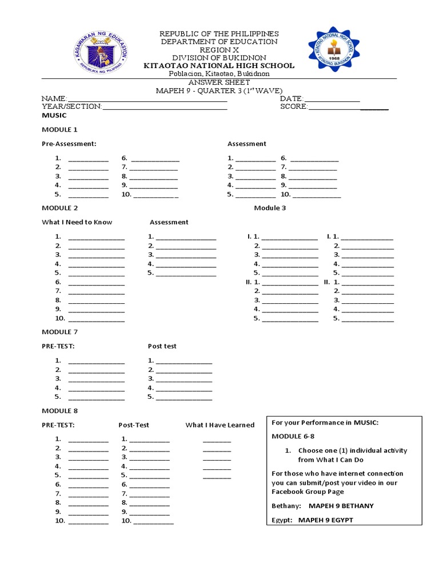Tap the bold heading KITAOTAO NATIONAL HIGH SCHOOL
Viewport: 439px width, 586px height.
click(219, 66)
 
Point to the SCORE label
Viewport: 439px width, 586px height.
click(294, 107)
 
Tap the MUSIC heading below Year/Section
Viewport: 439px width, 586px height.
click(54, 116)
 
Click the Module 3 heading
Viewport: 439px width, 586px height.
click(270, 208)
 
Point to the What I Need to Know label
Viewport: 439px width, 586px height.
click(77, 222)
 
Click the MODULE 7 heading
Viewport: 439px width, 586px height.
click(59, 332)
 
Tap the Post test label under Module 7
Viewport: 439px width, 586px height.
click(162, 346)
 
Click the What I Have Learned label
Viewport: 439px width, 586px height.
click(219, 425)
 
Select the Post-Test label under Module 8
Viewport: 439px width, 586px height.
click(134, 425)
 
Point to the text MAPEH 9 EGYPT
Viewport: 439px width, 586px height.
click(330, 520)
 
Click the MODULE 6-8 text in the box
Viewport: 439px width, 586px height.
click(290, 437)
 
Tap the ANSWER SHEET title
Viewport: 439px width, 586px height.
click(219, 82)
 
